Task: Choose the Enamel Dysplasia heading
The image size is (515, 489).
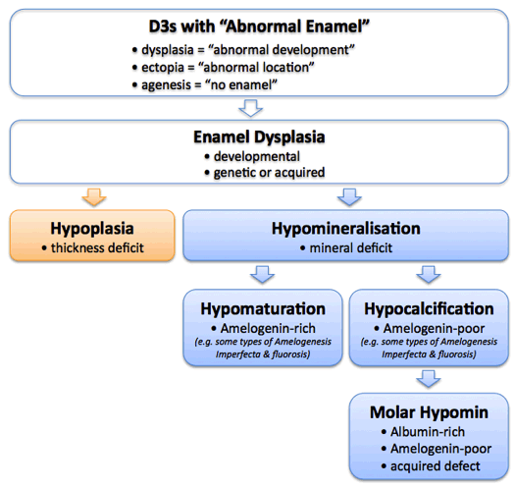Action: pyautogui.click(x=256, y=136)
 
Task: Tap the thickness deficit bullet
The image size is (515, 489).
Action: pyautogui.click(x=95, y=247)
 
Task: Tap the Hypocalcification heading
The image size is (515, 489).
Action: pyautogui.click(x=429, y=308)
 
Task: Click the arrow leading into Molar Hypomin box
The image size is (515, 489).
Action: pyautogui.click(x=429, y=377)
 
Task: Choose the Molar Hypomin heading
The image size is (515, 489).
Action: pyautogui.click(x=429, y=408)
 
